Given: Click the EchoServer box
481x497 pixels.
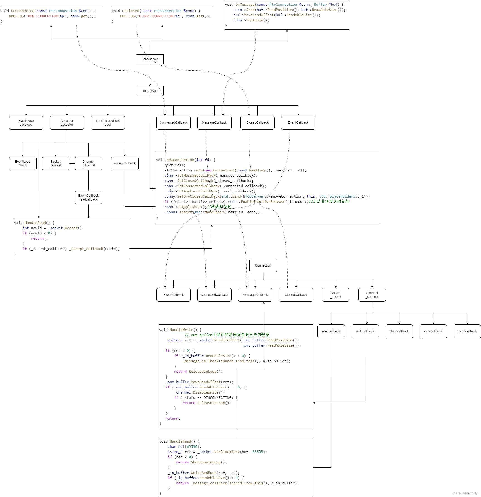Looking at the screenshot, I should point(150,59).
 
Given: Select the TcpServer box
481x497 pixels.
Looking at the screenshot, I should point(150,91).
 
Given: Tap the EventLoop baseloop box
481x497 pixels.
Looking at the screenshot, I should point(26,123).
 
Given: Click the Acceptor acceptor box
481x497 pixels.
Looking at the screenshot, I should point(67,123).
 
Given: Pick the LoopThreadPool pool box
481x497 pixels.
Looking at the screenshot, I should point(108,123).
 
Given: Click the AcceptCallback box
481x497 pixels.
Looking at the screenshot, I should point(125,163).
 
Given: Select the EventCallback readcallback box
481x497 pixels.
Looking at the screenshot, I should point(88,198).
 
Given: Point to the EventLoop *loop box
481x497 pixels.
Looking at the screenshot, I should point(23,163).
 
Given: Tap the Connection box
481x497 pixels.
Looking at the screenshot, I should point(263,265).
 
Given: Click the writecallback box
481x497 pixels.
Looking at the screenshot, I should point(365,331).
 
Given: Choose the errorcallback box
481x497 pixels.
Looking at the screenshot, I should point(433,331).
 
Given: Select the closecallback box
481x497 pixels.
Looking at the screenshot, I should point(399,331).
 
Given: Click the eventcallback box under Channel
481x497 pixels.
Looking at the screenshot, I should point(467,331).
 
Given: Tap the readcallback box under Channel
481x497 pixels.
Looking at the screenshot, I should point(331,331).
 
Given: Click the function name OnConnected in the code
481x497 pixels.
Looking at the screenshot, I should point(22,11).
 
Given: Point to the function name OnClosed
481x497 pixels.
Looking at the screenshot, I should point(131,11).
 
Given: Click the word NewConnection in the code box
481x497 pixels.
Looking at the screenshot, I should point(181,160).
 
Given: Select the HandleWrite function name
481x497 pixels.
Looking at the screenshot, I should point(181,330).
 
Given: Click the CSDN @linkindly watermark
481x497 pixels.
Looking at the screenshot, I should point(465,493).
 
